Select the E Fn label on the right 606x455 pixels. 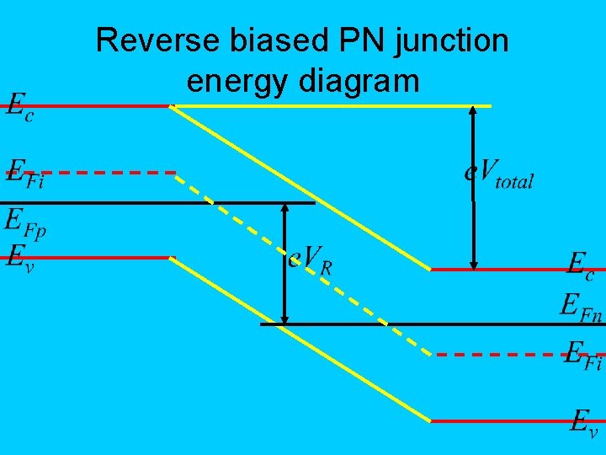tap(582, 302)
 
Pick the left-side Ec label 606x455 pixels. tap(20, 109)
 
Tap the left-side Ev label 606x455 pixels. tap(20, 254)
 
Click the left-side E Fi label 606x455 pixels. tap(25, 176)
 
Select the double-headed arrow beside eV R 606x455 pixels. tap(285, 263)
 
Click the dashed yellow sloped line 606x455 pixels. tap(303, 262)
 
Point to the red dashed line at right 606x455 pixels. tap(497, 355)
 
